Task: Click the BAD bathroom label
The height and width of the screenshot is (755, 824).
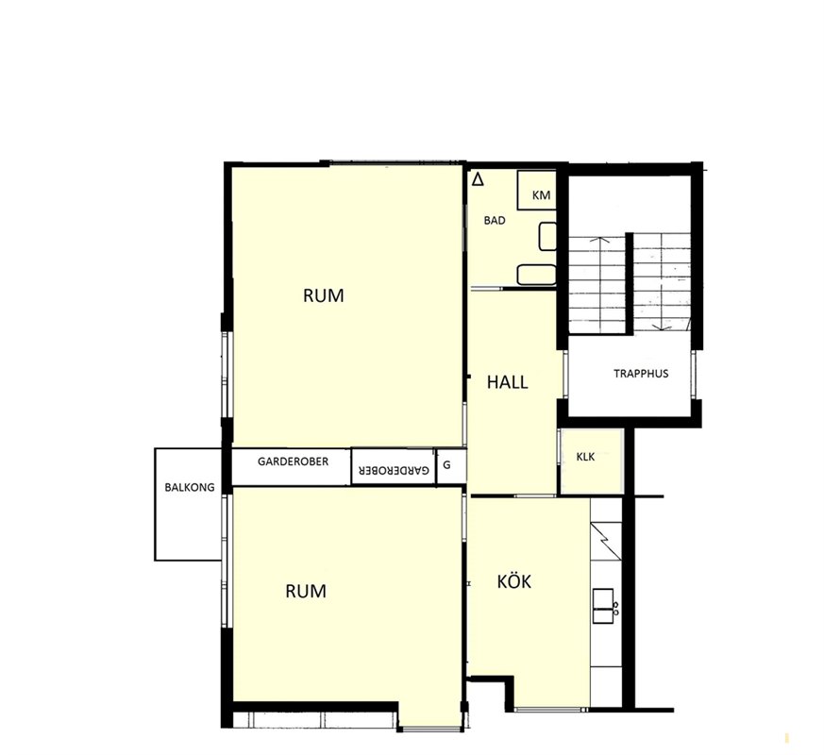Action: point(495,221)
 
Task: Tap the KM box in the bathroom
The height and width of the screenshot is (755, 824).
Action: point(536,191)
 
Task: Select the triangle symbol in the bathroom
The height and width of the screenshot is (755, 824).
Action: point(478,179)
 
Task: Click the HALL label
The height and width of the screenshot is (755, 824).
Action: point(507,382)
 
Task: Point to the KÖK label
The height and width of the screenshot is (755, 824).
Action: point(514,581)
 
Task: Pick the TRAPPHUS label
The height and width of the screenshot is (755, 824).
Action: point(641,374)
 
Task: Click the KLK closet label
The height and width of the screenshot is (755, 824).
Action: point(585,457)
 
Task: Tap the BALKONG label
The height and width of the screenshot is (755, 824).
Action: point(190,487)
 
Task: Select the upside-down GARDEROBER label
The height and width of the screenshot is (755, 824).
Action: point(394,470)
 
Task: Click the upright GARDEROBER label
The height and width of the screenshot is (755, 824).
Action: point(293,461)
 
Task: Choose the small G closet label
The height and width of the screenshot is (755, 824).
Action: point(447,464)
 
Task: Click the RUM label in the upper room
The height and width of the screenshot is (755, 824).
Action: point(323,295)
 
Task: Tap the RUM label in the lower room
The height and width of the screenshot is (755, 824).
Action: point(305,591)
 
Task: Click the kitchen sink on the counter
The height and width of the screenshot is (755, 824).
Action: point(603,606)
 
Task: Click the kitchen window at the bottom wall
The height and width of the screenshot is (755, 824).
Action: point(550,710)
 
